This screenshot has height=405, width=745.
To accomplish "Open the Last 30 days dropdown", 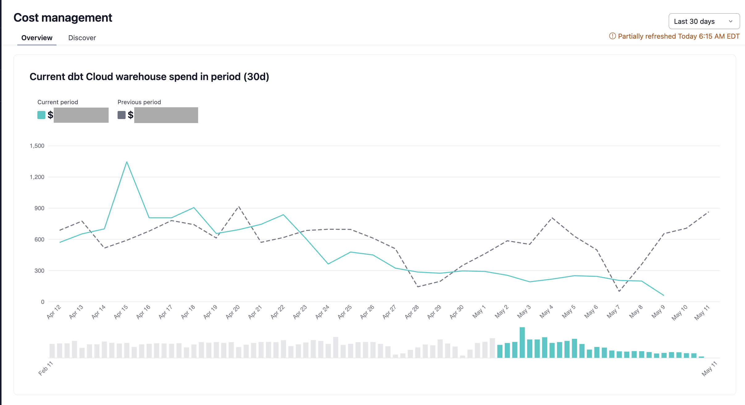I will (x=704, y=21).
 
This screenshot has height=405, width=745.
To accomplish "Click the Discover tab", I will (x=82, y=38).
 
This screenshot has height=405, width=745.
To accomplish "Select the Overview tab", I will (x=37, y=38).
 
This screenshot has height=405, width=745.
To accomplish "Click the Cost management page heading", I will (x=63, y=18).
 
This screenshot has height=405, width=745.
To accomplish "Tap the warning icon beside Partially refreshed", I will (x=612, y=36).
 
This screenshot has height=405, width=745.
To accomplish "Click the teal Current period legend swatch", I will (x=41, y=115).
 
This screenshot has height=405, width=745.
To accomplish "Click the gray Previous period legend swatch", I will (x=122, y=115).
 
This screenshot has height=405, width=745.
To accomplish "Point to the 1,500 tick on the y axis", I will (x=37, y=146).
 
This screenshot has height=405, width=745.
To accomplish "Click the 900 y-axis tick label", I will (x=39, y=208).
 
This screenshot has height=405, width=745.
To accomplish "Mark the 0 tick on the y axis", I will (x=43, y=302).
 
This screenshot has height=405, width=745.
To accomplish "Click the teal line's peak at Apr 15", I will (x=127, y=162).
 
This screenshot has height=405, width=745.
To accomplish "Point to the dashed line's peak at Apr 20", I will (x=239, y=207).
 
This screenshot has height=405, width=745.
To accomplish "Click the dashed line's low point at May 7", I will (x=619, y=291).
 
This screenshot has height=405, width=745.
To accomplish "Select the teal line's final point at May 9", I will (x=664, y=295).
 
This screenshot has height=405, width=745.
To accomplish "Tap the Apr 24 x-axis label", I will (x=322, y=312).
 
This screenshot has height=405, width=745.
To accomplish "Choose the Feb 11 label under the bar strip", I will (x=46, y=368).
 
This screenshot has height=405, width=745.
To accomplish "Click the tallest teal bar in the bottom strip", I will (x=522, y=343).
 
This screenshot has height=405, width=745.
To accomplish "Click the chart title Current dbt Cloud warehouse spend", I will (x=149, y=77).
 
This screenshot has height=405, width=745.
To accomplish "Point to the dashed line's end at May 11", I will (x=709, y=212).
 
